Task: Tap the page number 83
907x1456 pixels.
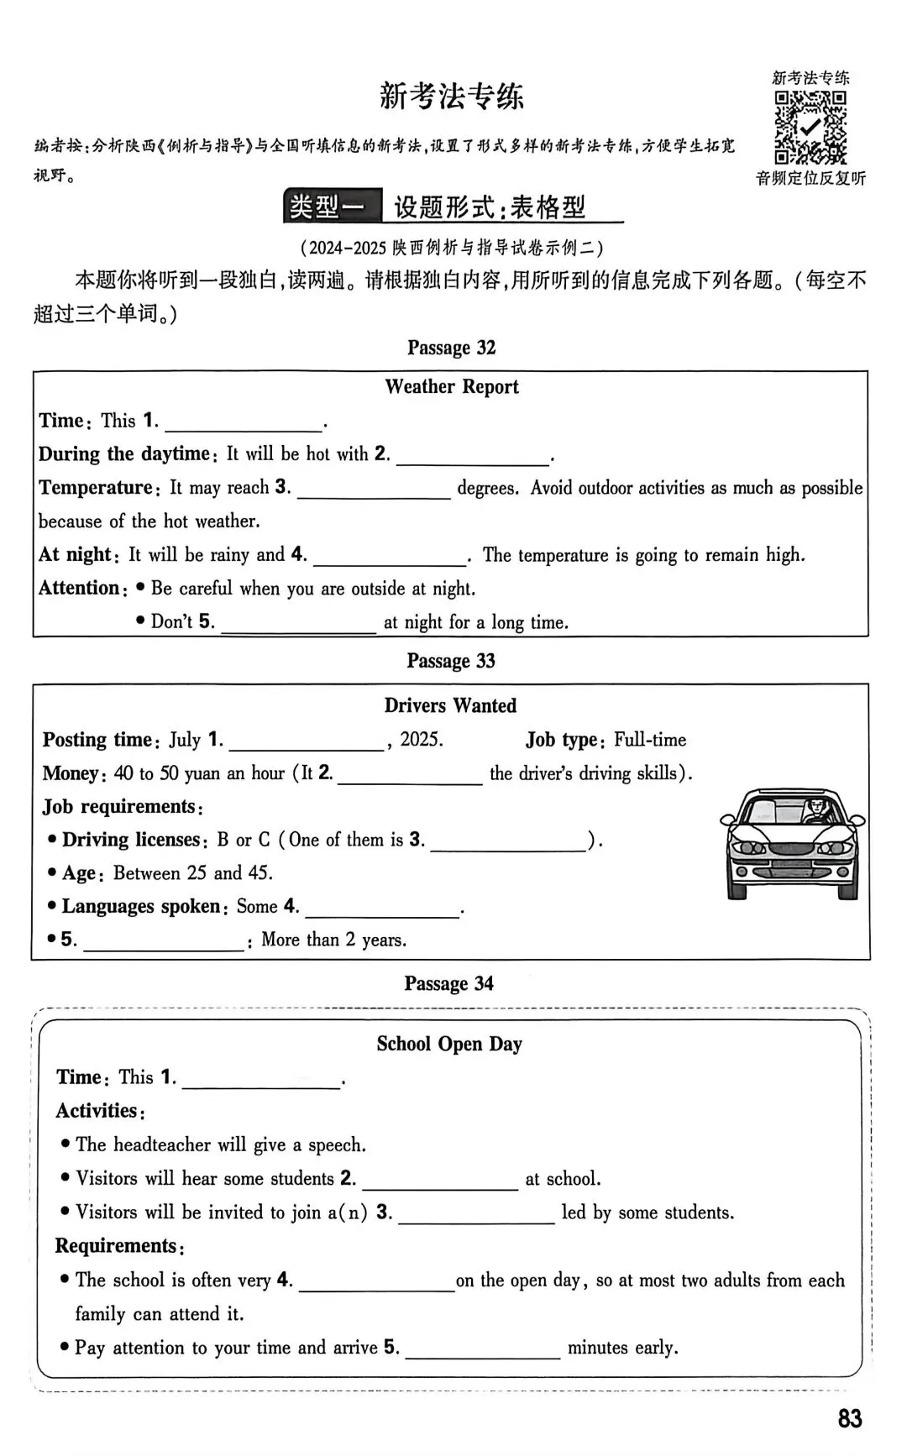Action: point(849,1418)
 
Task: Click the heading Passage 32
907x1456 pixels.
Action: point(451,348)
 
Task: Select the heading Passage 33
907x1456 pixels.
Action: point(451,661)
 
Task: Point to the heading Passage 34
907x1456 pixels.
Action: point(448,983)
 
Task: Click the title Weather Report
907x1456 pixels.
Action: point(452,386)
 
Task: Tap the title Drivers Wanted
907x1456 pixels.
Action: point(450,705)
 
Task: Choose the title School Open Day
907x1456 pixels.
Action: point(449,1044)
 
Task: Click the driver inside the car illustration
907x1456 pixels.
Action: point(814,811)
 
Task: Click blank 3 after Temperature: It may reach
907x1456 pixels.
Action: point(374,490)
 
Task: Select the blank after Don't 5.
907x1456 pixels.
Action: point(298,623)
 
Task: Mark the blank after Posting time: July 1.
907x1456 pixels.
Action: point(306,741)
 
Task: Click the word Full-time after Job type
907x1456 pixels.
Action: point(649,740)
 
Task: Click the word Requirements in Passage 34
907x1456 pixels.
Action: point(117,1246)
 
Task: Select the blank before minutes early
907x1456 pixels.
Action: point(482,1348)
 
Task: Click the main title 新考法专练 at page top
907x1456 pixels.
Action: point(451,96)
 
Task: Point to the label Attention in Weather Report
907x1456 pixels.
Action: point(79,588)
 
